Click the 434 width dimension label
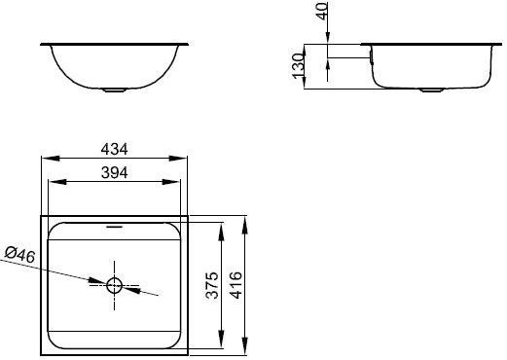(x=114, y=149)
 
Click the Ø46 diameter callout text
(x=18, y=255)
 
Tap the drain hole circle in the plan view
(x=114, y=285)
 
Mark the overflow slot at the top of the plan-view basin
(x=115, y=225)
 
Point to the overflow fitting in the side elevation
(x=370, y=59)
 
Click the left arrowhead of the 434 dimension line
(x=45, y=159)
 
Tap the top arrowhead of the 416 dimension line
(x=242, y=221)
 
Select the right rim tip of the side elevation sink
(x=498, y=45)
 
